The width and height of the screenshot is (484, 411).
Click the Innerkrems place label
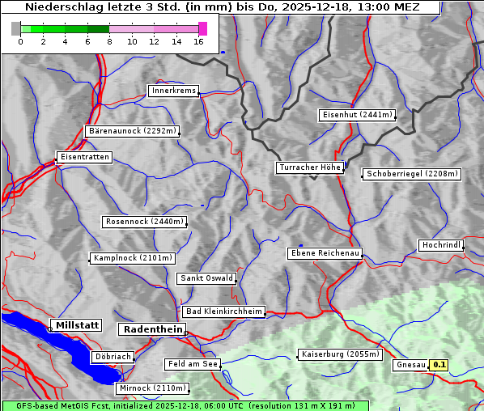point(174,91)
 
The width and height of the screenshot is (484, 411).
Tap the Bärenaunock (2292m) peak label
point(131,130)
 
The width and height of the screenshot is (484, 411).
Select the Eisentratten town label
point(83,157)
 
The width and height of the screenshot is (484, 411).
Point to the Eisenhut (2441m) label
point(357,115)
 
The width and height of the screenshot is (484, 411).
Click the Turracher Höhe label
point(310,167)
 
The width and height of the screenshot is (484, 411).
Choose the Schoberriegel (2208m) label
point(412,174)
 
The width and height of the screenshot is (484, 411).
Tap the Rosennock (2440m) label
point(145,222)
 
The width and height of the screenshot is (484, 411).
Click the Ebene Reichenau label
point(325,253)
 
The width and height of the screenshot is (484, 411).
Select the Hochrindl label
point(441,245)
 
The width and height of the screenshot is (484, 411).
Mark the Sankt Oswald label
point(206,278)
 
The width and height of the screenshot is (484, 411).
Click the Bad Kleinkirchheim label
point(224,311)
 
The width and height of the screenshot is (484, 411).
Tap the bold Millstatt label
point(77,324)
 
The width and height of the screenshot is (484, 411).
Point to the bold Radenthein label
point(152,329)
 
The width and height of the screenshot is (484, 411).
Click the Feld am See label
point(193,364)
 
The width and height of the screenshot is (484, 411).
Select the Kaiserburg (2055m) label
point(340,354)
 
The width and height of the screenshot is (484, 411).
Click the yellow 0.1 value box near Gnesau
point(439,365)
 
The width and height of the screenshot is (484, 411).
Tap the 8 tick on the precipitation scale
point(109,41)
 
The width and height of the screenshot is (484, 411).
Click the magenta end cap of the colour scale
point(202,28)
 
